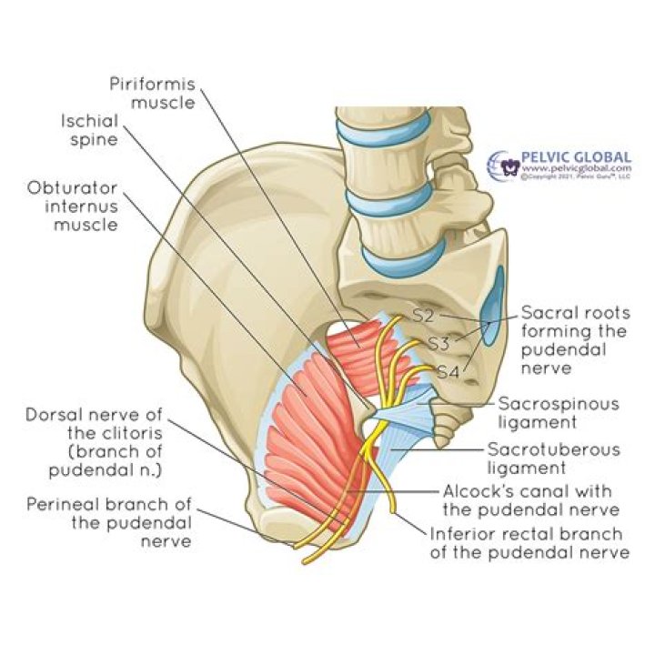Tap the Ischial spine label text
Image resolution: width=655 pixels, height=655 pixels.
(x=89, y=130)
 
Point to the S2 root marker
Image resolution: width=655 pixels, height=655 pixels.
(x=423, y=317)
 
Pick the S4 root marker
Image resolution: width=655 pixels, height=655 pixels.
(x=447, y=371)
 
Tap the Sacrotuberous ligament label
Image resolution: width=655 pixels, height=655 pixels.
(x=553, y=458)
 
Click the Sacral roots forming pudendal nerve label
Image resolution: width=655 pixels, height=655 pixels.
(x=574, y=340)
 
